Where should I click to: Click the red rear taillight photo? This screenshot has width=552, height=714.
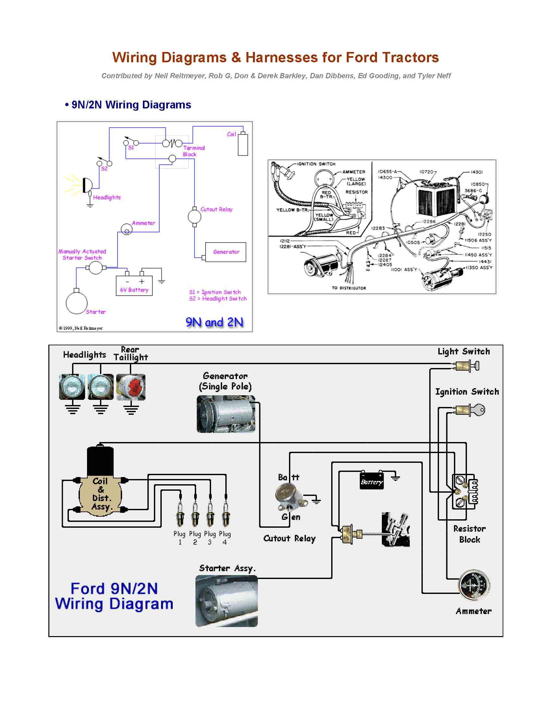click(131, 387)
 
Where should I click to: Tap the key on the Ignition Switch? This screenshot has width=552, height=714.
click(479, 410)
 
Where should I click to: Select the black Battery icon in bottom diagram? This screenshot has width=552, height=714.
click(371, 482)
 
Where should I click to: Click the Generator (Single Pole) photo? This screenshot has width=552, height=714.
click(226, 414)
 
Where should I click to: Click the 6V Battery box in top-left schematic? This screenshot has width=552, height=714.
click(134, 286)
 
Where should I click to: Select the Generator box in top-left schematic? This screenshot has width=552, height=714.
click(226, 252)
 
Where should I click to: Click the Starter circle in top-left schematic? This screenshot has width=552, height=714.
click(77, 303)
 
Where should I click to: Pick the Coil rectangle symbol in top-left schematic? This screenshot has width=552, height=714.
click(243, 144)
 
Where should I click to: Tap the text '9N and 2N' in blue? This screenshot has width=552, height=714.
click(215, 322)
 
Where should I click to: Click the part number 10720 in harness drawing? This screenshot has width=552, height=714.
click(426, 172)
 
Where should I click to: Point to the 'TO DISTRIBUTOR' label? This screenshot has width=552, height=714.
click(349, 288)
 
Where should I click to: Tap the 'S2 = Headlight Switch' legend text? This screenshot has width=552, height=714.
click(218, 299)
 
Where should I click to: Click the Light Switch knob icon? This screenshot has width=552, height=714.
click(476, 365)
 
